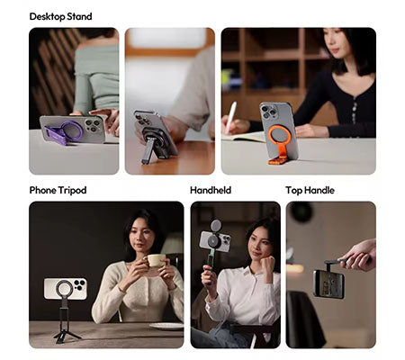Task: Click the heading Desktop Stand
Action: [x=60, y=16]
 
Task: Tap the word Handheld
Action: [x=211, y=190]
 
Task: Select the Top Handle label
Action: [x=310, y=190]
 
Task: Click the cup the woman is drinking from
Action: [x=157, y=260]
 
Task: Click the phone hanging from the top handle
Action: [x=328, y=283]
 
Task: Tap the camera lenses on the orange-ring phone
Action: [x=267, y=113]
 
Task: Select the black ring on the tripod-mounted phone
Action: [x=66, y=289]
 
